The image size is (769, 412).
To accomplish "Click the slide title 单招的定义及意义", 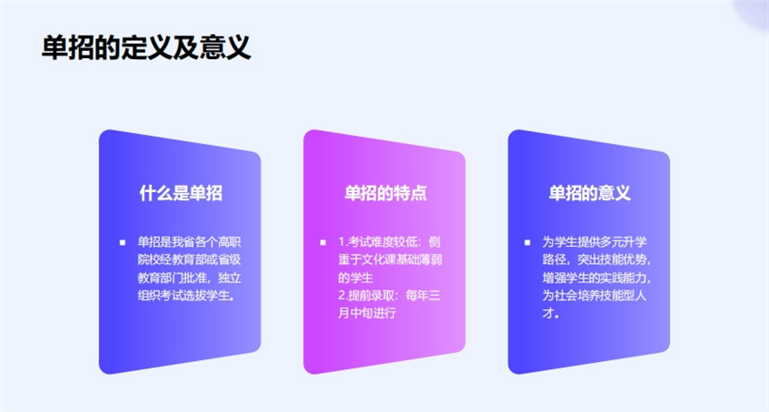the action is point(146,47).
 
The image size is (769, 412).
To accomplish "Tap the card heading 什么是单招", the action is point(181,193).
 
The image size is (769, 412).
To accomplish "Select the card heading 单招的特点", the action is point(385,193).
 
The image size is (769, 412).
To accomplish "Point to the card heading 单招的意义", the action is point(589,193).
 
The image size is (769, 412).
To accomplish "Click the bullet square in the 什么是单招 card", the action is point(123,242).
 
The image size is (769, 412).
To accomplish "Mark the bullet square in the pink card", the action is point(323,242).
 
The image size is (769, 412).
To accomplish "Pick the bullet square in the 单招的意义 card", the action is point(528,242).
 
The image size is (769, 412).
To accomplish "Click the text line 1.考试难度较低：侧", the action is point(389,242).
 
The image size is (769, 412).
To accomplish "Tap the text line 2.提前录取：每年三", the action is point(389,296).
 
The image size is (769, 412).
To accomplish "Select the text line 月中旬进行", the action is point(367,313).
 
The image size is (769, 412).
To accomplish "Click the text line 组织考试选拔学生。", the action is point(186,296).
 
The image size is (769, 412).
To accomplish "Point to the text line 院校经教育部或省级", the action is point(190,260).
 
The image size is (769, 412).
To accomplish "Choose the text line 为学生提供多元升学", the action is point(595,242).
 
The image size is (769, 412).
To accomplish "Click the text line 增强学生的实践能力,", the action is point(596,278).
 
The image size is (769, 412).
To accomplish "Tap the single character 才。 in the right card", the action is point(551,313).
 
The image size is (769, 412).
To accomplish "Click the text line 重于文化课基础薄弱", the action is point(391,260).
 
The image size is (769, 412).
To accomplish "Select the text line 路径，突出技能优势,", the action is point(596,260).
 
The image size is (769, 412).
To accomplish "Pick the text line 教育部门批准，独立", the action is point(190,278).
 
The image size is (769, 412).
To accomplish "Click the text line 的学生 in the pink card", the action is point(356,278).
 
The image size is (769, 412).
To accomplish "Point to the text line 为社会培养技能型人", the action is point(595,296).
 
